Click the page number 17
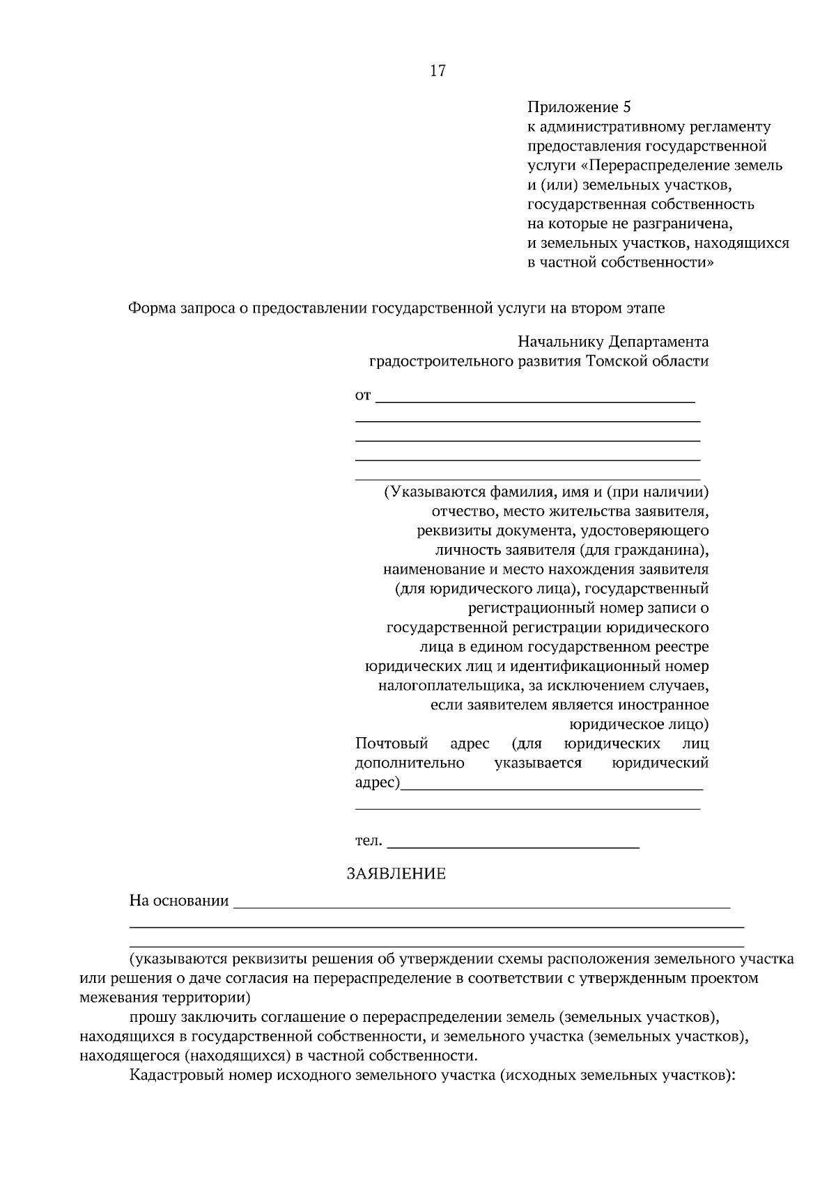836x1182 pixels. click(x=438, y=71)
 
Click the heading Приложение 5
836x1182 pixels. click(x=578, y=107)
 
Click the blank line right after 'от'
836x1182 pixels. click(x=535, y=400)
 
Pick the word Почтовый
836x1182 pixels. click(x=391, y=743)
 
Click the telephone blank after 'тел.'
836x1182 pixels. click(x=513, y=844)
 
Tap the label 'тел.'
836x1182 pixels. click(x=369, y=841)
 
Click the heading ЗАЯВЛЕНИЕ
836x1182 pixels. click(x=396, y=874)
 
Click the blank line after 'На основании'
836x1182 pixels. click(x=481, y=905)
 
